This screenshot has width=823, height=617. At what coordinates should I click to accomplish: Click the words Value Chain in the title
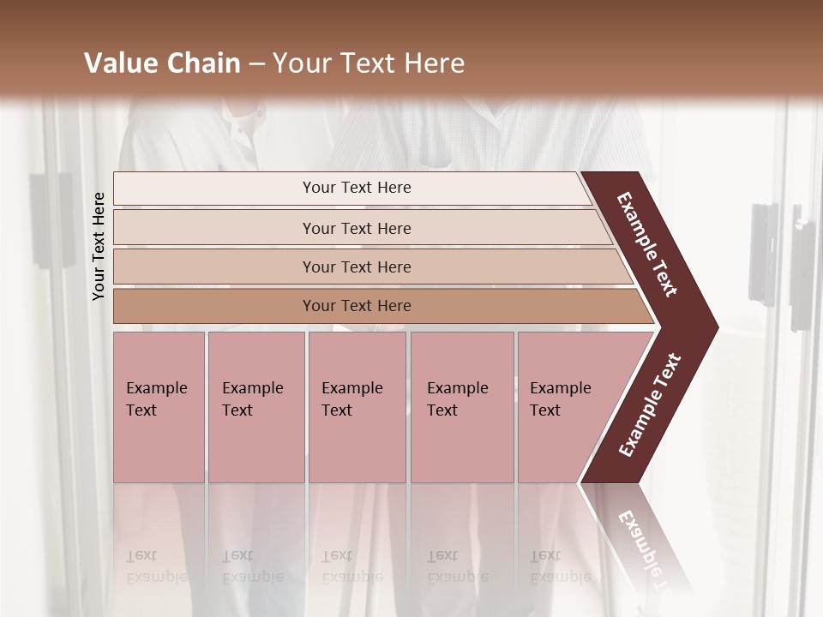click(162, 63)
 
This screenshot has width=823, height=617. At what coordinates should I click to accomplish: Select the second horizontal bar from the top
click(357, 228)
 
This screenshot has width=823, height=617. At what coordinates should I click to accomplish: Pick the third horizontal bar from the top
click(357, 267)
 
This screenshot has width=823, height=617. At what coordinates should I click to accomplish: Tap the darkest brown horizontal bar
click(357, 306)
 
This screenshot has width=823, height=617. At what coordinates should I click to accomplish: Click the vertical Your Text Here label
click(99, 246)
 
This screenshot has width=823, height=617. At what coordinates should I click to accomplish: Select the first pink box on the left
click(159, 407)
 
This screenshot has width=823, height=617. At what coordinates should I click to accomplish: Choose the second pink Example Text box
click(256, 407)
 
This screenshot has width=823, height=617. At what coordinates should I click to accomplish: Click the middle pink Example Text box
click(357, 407)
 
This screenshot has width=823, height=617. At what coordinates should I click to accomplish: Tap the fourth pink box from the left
click(462, 407)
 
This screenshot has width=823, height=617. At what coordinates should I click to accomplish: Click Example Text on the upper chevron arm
click(647, 244)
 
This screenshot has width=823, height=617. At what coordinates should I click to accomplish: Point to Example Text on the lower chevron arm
click(650, 404)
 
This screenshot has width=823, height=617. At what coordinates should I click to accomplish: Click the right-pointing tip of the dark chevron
click(712, 326)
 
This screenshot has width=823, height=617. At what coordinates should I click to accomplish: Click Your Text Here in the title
click(369, 63)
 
